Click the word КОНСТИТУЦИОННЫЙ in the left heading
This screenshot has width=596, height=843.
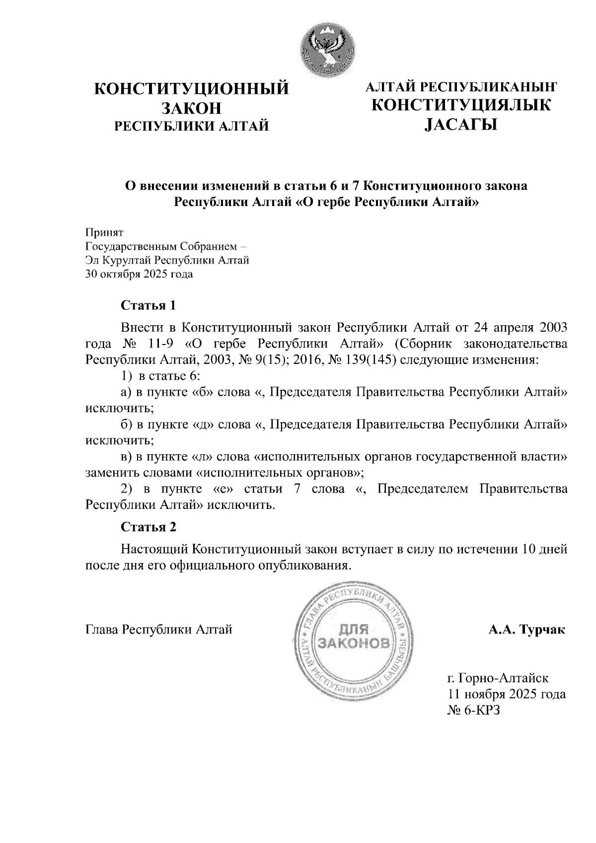point(192,89)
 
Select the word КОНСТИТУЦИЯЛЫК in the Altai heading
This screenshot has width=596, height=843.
point(461,105)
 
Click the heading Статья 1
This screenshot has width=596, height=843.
point(149,305)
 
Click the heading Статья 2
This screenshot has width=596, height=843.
point(149,526)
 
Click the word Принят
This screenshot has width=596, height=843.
point(104,232)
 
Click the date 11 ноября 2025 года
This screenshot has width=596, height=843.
point(507,694)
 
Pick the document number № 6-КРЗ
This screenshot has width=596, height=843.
point(473,710)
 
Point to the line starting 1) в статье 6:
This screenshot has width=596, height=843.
point(160,376)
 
